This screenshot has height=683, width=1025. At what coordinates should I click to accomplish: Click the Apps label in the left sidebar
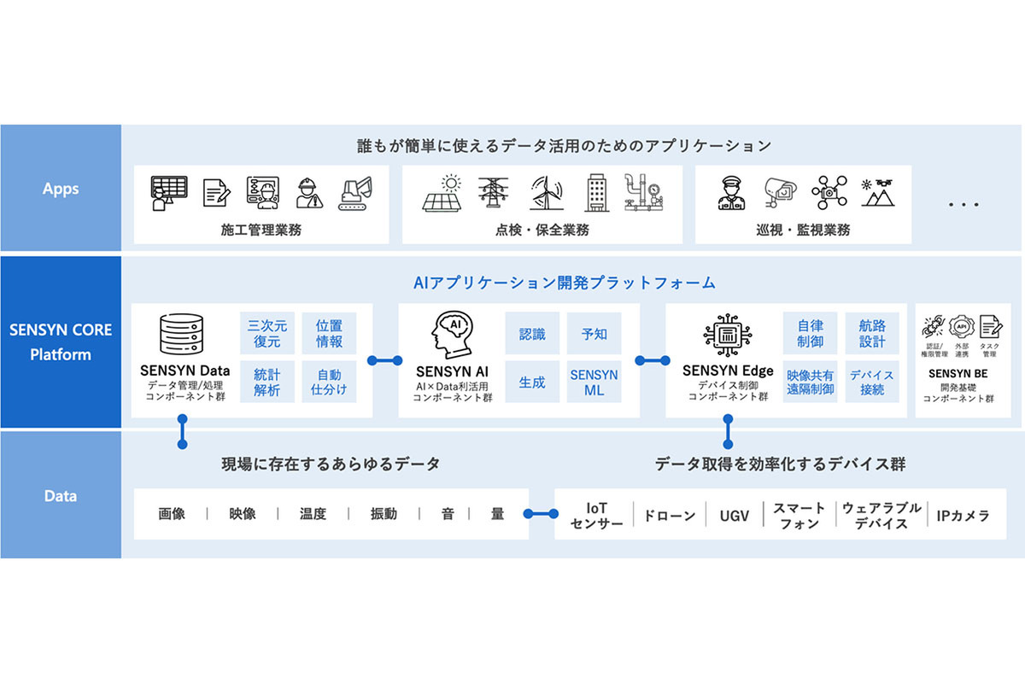point(61,189)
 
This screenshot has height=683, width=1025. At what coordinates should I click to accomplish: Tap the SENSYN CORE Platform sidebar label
point(61,341)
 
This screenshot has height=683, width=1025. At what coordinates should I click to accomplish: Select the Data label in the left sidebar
point(61,495)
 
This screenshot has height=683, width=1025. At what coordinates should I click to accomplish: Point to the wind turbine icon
point(546,193)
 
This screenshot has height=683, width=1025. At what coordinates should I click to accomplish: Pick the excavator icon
point(355,194)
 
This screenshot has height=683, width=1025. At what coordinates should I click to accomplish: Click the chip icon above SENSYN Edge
point(727,336)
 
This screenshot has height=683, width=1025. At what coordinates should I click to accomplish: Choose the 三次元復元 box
point(267,334)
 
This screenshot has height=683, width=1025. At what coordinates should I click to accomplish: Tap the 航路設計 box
point(866,334)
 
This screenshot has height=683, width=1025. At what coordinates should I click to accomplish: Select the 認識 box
point(532,334)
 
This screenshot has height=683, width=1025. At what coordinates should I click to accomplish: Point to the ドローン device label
point(669,516)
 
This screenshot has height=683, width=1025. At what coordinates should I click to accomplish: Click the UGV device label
point(735,516)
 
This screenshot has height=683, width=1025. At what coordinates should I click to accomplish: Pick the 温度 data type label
point(313,514)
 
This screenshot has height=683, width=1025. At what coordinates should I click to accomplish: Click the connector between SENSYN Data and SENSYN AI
point(384,360)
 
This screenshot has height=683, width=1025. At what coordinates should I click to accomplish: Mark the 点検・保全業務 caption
point(542,230)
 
